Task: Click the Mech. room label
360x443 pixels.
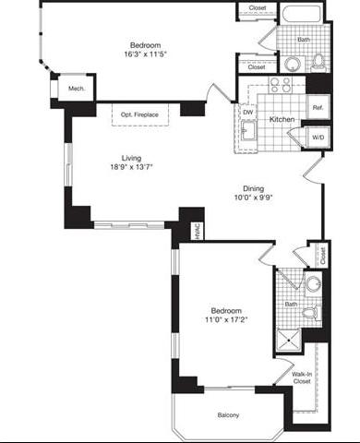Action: click(77, 89)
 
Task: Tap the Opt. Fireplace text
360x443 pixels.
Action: click(138, 114)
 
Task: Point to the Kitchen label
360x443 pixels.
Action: click(282, 121)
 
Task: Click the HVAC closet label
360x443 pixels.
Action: click(196, 231)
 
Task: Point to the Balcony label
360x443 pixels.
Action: click(228, 415)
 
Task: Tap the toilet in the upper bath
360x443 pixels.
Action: click(317, 62)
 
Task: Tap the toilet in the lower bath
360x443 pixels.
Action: click(311, 314)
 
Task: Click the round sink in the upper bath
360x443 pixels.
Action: click(292, 64)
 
